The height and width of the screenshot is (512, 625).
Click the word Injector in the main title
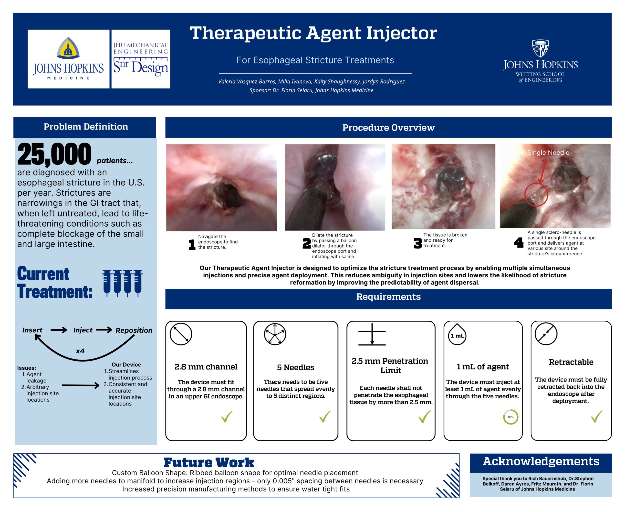coord(401,33)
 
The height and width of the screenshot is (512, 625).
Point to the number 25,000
coord(54,154)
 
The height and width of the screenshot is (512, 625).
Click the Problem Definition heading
coord(86,127)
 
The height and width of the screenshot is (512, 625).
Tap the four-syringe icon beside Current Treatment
coord(123,283)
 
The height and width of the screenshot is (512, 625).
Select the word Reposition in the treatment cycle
coord(134,330)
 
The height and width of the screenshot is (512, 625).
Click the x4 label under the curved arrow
coord(80,351)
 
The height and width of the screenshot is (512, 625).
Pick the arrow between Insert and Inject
coord(59,330)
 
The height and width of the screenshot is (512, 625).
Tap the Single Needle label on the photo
coord(548,153)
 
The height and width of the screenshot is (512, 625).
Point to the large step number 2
coord(306,243)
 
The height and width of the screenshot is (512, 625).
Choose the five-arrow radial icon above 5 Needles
coord(275,334)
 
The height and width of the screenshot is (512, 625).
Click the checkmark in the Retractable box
coord(597,416)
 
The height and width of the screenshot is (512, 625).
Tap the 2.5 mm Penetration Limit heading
coord(390,365)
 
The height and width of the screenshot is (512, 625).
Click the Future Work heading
coord(209,462)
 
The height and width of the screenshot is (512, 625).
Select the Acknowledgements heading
coord(541,461)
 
